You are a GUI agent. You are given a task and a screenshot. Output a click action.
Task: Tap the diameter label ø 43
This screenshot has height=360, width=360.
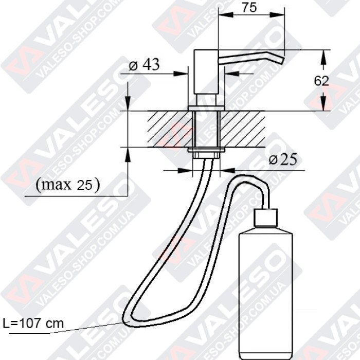[143, 65]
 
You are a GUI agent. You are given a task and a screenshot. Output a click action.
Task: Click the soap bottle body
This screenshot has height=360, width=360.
[266, 278]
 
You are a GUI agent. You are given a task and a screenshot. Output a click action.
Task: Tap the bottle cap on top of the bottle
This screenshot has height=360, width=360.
[266, 218]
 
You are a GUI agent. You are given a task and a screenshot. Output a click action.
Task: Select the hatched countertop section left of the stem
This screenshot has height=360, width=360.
[169, 129]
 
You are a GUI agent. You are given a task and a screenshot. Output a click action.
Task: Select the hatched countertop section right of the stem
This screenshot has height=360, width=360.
[243, 129]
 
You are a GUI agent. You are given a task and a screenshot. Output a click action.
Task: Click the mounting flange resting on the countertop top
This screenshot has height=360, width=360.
[206, 107]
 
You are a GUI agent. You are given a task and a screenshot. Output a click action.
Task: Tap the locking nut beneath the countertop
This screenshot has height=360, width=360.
[206, 150]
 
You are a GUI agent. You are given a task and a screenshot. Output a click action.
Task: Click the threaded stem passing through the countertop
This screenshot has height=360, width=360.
[206, 129]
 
